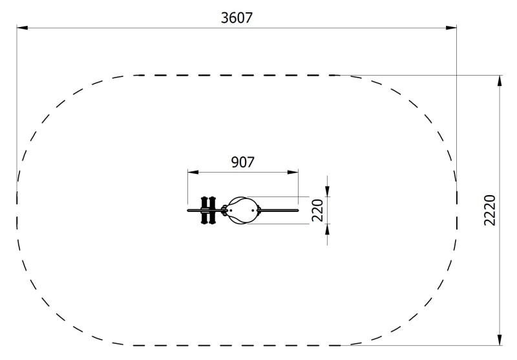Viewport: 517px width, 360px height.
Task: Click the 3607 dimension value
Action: (x=237, y=18)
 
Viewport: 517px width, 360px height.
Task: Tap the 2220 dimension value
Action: (x=490, y=210)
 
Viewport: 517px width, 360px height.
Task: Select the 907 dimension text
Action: (x=243, y=162)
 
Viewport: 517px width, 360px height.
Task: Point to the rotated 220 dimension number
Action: (x=317, y=210)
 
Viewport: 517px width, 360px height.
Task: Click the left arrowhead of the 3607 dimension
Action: (x=22, y=28)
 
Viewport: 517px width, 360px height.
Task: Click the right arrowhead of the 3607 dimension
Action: (x=451, y=28)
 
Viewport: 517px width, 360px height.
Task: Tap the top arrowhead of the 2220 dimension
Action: (x=500, y=81)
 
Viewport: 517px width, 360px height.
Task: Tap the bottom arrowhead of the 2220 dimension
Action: (x=500, y=340)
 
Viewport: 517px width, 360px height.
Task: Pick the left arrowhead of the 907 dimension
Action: (x=193, y=172)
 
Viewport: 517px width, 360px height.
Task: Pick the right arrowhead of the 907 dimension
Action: (x=293, y=172)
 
